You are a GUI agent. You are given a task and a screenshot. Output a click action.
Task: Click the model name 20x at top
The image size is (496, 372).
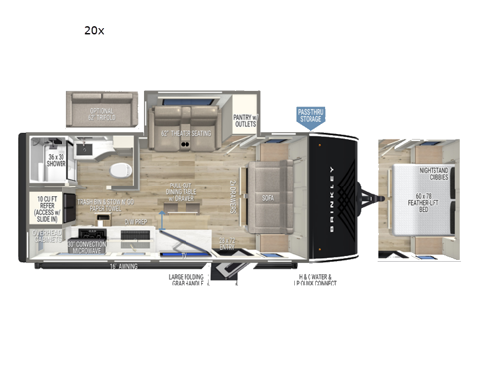point(94,31)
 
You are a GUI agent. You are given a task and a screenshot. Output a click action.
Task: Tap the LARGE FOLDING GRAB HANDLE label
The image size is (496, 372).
point(187,281)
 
